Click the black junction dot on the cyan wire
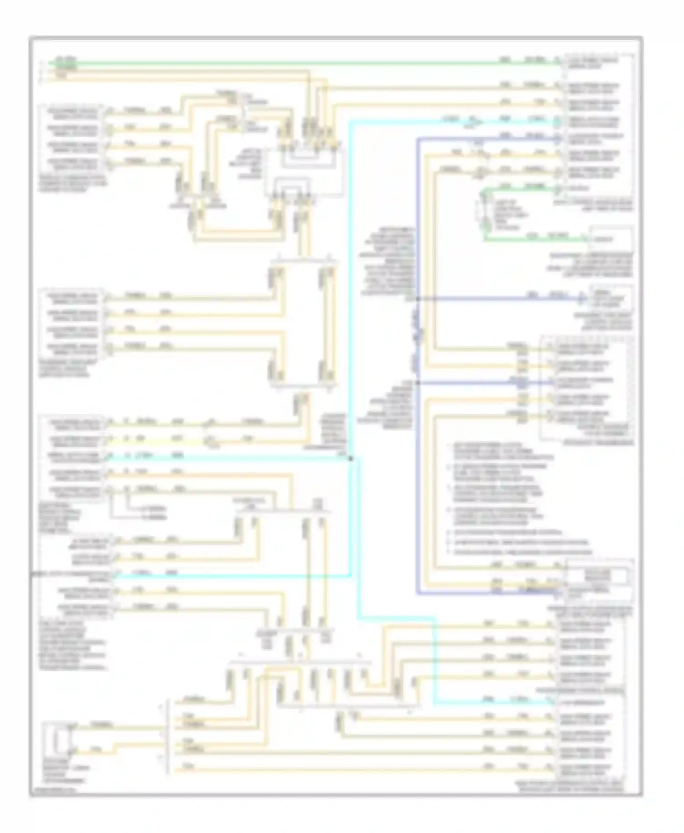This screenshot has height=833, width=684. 351,458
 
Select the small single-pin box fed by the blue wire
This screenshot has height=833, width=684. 611,298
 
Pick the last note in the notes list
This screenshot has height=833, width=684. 520,552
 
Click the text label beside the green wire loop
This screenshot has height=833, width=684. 506,214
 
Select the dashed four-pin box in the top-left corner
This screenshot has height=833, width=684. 73,137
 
